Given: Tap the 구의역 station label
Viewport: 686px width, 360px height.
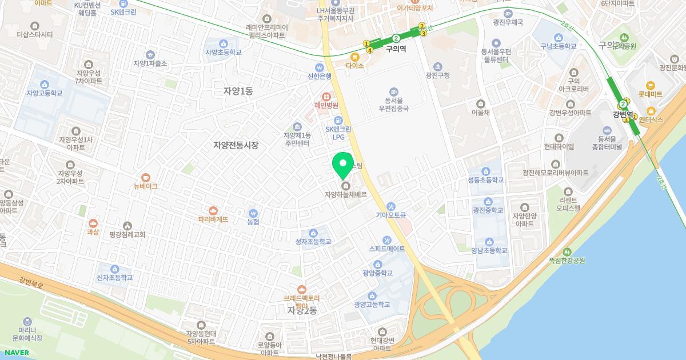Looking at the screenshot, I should point(396,49).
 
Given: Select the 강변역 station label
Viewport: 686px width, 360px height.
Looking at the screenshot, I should point(624,114).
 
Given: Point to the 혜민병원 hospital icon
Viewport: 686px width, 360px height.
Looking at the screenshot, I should point(326,97).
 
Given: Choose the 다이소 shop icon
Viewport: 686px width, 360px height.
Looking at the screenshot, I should point(355,57).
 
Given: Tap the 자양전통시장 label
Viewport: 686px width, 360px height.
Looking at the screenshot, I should point(236,145).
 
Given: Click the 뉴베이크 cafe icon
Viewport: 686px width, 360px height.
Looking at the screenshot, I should point(146,177).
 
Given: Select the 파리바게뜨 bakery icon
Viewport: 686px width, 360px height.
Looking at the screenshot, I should point(213,210).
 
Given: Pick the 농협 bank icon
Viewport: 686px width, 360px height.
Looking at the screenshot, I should point(253,213).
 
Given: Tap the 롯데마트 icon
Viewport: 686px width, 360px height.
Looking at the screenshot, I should point(650,85).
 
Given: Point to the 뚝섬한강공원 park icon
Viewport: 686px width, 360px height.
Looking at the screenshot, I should point(567,251).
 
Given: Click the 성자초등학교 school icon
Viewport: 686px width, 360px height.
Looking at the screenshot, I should point(313,233).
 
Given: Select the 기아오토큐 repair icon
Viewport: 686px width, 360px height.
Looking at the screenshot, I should point(390,206).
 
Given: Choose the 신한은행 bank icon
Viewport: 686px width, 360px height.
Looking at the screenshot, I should point(320,67).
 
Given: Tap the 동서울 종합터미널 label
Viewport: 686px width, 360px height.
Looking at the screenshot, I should point(609,143).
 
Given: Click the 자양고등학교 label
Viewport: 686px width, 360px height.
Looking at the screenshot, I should point(44,93).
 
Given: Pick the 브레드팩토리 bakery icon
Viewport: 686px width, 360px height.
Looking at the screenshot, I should point(302,289).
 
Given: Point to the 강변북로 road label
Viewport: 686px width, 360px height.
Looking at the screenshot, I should point(31,281).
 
